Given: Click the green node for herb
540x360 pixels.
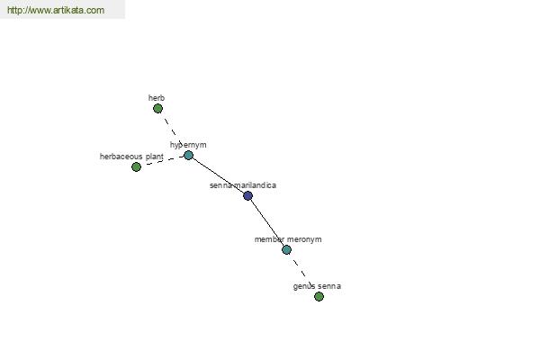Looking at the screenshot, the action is tap(157, 109).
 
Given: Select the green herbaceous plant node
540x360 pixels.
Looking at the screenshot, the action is tap(137, 167).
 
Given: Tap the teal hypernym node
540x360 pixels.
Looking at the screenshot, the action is tap(188, 156).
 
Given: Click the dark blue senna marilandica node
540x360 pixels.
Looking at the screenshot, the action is tap(248, 195).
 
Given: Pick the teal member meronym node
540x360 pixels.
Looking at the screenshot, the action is tap(286, 250).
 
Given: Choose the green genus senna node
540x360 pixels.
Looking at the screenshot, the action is tap(319, 296).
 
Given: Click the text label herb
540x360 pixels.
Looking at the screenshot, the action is tap(157, 98).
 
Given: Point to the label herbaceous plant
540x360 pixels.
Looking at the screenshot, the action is tap(131, 157).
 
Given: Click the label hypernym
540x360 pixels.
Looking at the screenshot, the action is tap(188, 145).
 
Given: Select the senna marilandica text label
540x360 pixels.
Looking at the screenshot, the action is tap(243, 185).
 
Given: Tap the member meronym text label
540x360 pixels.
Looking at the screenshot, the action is tap(288, 239).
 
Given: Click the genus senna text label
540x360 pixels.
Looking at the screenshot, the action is tap(317, 286).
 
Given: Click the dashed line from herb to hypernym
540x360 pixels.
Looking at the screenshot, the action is tap(173, 132).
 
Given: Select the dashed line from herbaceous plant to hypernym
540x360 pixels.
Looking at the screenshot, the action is tap(162, 161).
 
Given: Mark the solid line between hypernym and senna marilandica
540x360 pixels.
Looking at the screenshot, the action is tap(218, 175).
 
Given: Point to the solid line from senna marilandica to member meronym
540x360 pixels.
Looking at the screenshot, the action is tap(268, 222).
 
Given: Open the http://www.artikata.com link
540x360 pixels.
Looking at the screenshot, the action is tap(56, 10).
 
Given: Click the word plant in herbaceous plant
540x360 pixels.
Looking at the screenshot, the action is tap(154, 157).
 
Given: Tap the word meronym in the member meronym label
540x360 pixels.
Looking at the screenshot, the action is tap(304, 239).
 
